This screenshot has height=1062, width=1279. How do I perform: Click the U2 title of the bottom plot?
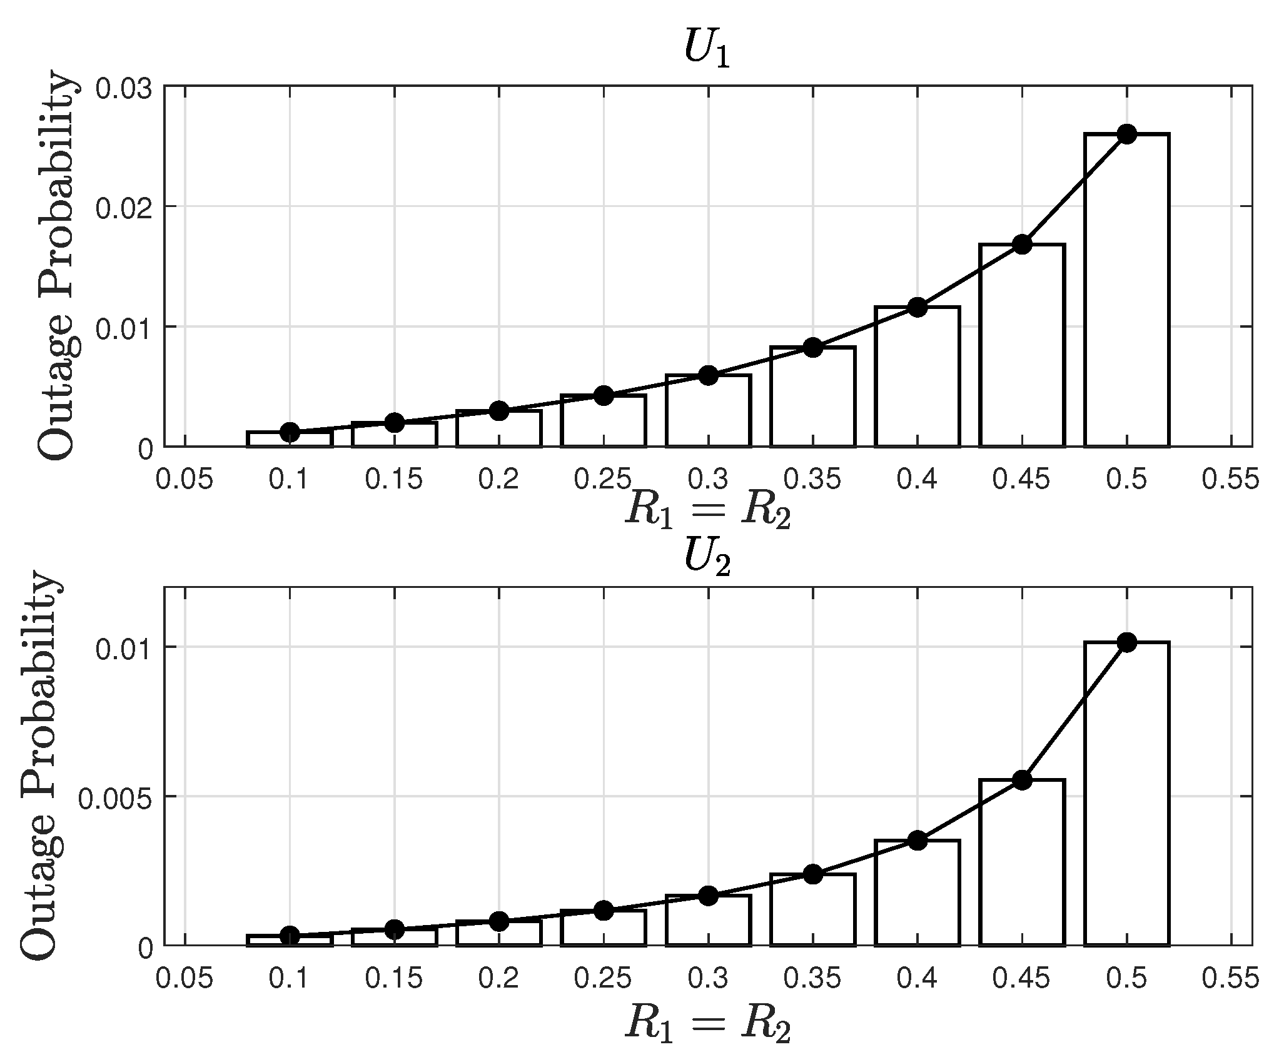click(x=707, y=557)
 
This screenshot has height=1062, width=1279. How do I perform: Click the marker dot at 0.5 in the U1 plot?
click(x=1126, y=133)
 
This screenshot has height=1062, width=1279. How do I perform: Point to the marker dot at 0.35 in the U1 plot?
click(x=812, y=348)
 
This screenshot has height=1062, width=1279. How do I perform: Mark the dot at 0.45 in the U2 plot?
click(x=1022, y=779)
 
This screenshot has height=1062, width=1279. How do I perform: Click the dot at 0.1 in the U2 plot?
click(x=290, y=936)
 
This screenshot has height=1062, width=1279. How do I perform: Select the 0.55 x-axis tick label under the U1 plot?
click(x=1230, y=480)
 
